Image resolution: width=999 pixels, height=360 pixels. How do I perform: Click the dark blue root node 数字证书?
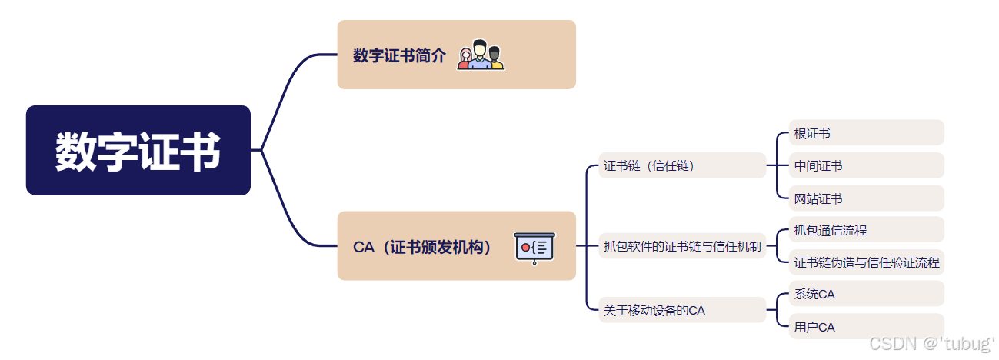pyautogui.click(x=138, y=150)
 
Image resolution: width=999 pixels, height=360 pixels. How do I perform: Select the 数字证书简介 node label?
pyautogui.click(x=399, y=55)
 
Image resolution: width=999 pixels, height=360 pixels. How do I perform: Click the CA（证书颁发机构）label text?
pyautogui.click(x=422, y=247)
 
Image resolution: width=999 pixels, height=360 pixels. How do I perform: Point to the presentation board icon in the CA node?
pyautogui.click(x=534, y=247)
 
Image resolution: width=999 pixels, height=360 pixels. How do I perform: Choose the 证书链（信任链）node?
pyautogui.click(x=649, y=165)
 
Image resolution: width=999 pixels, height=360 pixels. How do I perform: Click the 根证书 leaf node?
pyautogui.click(x=812, y=133)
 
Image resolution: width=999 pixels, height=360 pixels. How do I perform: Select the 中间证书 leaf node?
pyautogui.click(x=818, y=165)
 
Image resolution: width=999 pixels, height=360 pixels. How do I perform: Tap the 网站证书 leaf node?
pyautogui.click(x=818, y=198)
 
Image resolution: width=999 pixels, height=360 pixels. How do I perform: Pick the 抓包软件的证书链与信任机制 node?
pyautogui.click(x=682, y=246)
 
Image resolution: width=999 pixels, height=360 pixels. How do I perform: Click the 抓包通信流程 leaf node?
pyautogui.click(x=831, y=229)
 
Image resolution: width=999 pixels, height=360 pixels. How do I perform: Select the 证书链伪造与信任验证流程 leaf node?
pyautogui.click(x=867, y=262)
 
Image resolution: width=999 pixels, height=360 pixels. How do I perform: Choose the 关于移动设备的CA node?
pyautogui.click(x=654, y=311)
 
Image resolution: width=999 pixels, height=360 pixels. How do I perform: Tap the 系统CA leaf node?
pyautogui.click(x=814, y=294)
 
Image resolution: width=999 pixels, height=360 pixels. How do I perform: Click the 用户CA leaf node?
pyautogui.click(x=814, y=327)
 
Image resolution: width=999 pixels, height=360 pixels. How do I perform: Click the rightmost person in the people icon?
pyautogui.click(x=495, y=58)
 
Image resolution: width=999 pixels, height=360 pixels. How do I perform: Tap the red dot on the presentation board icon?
pyautogui.click(x=525, y=248)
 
